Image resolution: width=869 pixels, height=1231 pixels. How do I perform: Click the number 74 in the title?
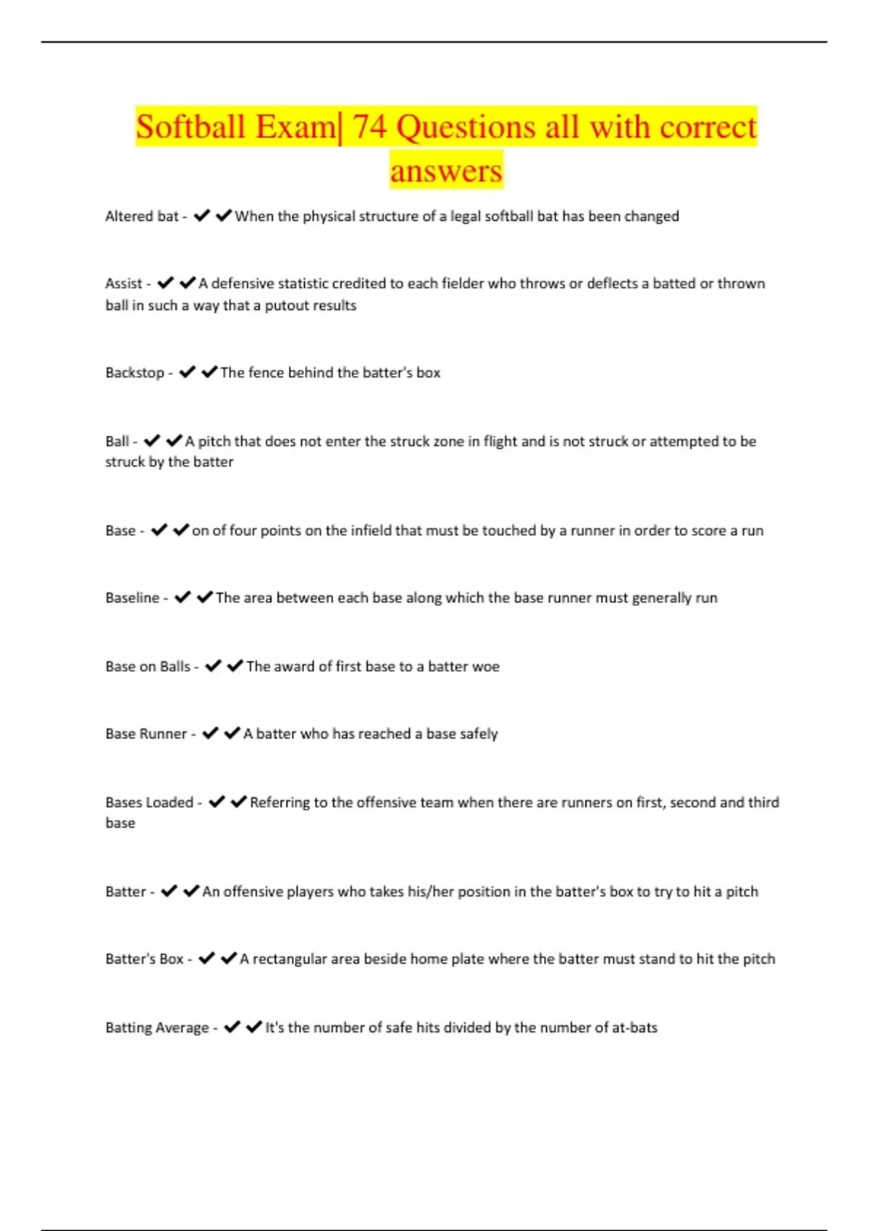click(x=369, y=127)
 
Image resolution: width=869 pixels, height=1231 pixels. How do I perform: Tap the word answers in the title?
click(x=446, y=171)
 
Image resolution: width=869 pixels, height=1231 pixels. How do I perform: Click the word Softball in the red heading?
click(x=190, y=127)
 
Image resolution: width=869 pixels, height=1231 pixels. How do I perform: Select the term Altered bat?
click(x=142, y=216)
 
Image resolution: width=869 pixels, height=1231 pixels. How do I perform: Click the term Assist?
click(x=124, y=283)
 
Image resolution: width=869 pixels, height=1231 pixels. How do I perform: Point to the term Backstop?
click(x=135, y=372)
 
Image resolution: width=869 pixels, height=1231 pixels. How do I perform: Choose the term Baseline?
click(x=133, y=597)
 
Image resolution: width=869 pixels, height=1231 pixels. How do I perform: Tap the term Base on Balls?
click(x=148, y=666)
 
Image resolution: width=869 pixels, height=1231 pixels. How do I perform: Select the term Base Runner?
click(x=146, y=734)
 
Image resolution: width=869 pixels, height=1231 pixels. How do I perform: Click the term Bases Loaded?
click(x=149, y=802)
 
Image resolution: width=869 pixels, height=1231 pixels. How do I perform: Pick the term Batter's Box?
click(x=144, y=959)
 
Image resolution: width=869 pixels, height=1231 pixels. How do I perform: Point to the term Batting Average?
click(x=157, y=1028)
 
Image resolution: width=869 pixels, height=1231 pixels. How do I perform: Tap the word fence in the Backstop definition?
click(x=266, y=372)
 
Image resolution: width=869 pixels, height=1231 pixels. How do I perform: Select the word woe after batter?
click(x=484, y=666)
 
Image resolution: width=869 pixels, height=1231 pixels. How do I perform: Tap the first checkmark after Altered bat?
click(x=202, y=215)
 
